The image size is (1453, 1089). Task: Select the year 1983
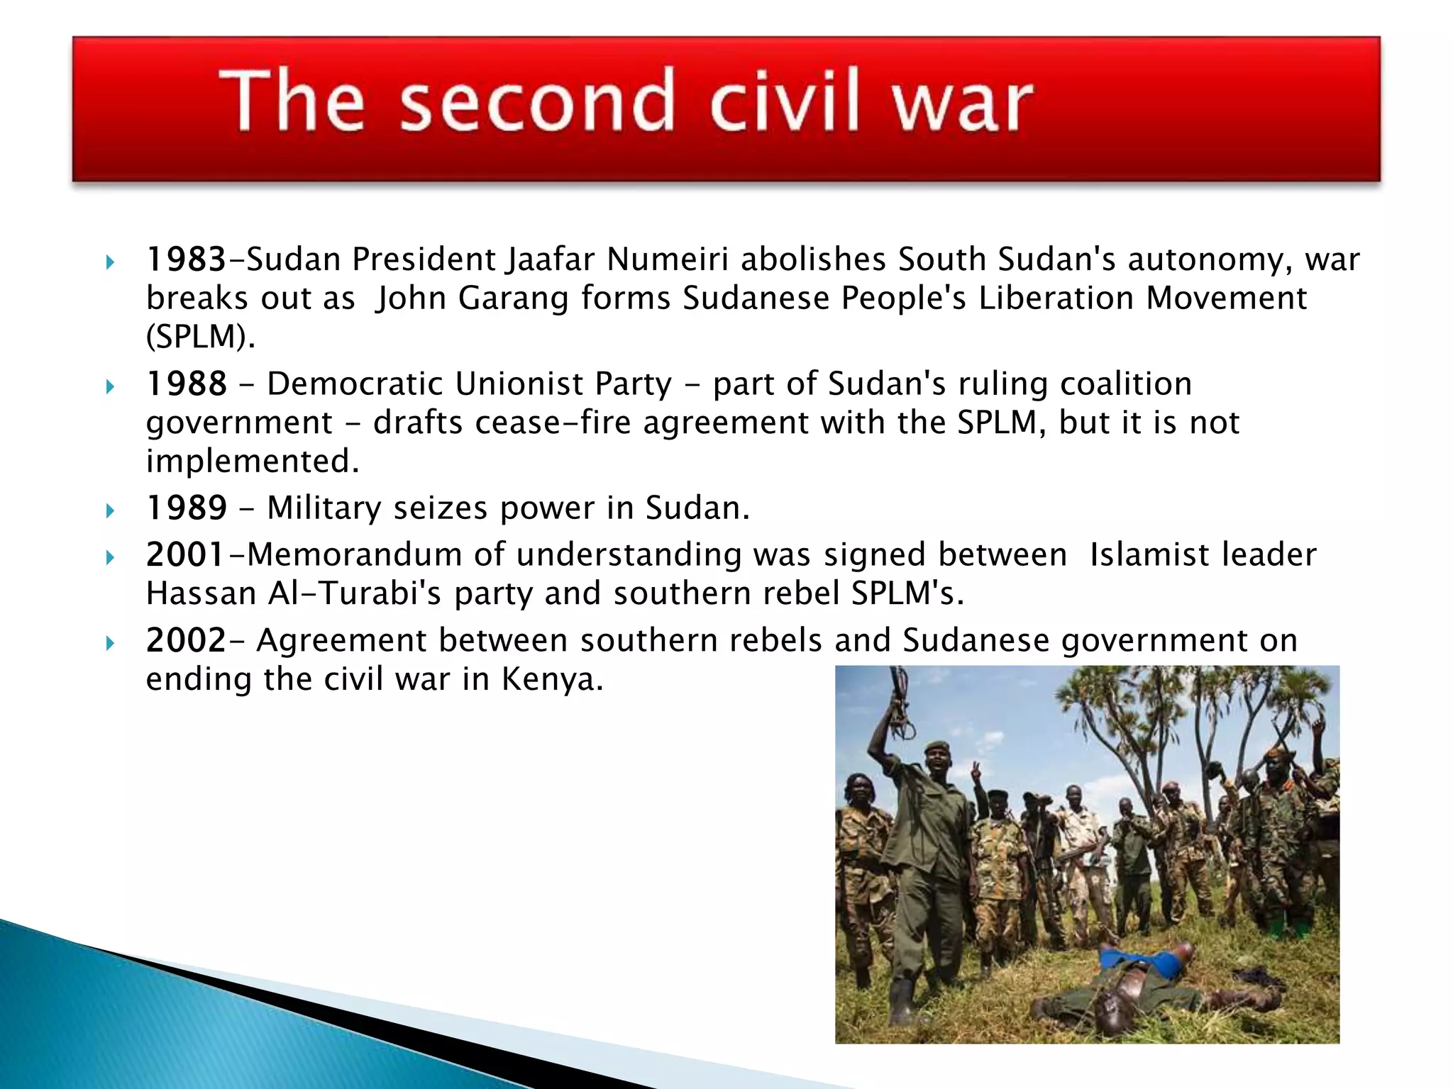click(185, 259)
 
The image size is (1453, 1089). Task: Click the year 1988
click(186, 384)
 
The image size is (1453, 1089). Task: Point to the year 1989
click(186, 508)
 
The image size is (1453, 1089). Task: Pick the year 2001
click(185, 555)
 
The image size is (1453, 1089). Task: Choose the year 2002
click(185, 641)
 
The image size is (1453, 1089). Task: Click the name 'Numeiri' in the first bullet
click(667, 259)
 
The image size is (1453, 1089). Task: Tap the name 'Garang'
click(513, 298)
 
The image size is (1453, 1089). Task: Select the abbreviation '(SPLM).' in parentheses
click(200, 337)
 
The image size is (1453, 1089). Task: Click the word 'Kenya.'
click(552, 680)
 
